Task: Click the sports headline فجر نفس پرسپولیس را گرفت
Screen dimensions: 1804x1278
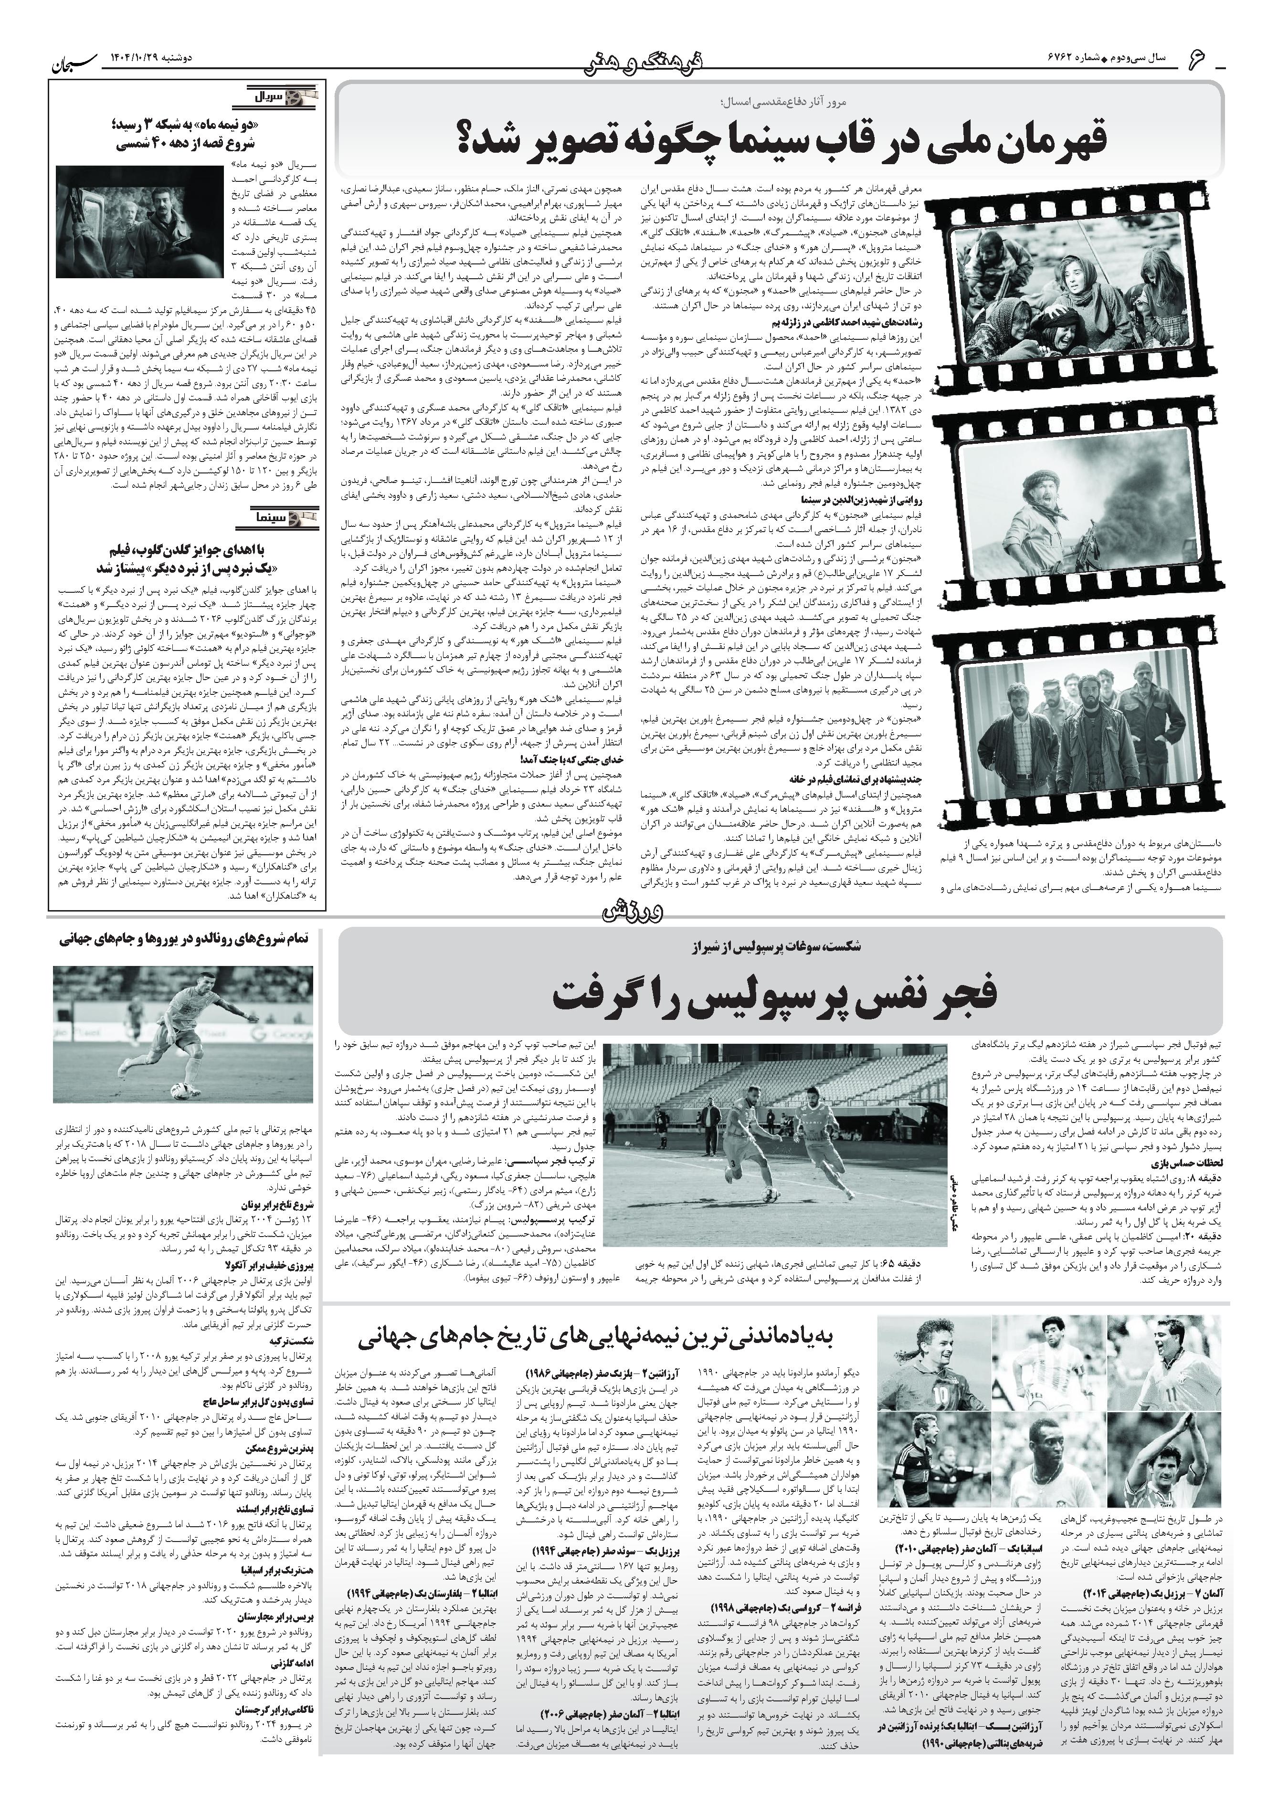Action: pyautogui.click(x=775, y=995)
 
